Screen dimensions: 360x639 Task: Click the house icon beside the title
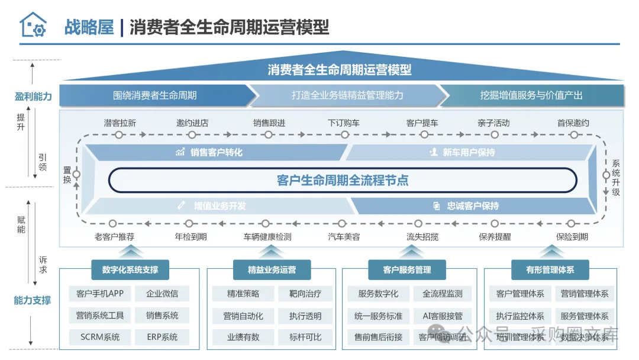coord(33,25)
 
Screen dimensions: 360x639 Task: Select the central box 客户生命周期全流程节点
coord(343,180)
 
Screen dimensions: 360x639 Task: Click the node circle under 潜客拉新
coord(120,135)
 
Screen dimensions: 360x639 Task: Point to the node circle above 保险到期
coord(571,224)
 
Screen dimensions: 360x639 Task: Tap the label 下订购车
coord(344,123)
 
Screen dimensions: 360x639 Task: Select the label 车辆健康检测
coord(267,237)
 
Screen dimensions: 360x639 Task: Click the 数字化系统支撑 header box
coord(130,270)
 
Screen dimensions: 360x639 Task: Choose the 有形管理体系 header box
coord(550,270)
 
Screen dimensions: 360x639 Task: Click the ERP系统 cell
coord(162,337)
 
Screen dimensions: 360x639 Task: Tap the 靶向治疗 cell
coord(305,294)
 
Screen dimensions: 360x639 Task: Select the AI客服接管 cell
coord(443,316)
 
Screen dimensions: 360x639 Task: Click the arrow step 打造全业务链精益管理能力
coord(347,95)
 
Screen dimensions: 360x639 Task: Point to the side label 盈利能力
coord(33,97)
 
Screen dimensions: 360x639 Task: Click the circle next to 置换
coord(76,175)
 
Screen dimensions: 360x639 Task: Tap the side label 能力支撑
coord(33,300)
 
